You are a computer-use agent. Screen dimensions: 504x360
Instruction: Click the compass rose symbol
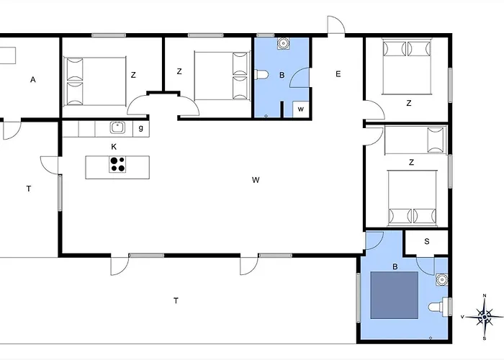click(485, 318)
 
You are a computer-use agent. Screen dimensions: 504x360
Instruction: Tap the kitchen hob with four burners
click(117, 164)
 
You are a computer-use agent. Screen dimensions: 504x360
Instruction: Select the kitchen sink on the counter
click(118, 127)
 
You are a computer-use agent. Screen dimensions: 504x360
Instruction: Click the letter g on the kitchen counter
click(141, 128)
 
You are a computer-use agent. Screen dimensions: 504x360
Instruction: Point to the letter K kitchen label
click(114, 147)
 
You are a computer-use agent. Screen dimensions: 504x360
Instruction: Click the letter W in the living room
click(256, 180)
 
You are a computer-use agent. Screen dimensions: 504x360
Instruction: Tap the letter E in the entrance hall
click(338, 74)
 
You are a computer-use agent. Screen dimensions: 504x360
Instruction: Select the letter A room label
click(33, 80)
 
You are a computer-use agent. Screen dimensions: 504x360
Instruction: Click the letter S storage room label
click(427, 241)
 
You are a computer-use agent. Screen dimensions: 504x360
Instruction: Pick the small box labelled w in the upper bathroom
click(301, 109)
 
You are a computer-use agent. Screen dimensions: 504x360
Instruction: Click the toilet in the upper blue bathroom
click(261, 75)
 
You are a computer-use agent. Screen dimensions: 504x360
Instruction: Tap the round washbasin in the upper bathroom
click(283, 42)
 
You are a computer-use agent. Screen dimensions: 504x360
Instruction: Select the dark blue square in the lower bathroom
click(395, 295)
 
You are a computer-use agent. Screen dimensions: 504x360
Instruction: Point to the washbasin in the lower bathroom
click(442, 279)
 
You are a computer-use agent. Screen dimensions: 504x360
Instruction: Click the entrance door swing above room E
click(336, 24)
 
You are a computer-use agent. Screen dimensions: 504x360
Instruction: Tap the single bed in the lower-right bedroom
click(415, 140)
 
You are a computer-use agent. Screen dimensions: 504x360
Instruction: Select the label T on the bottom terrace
click(176, 301)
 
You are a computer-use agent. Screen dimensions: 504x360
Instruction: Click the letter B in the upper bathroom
click(282, 75)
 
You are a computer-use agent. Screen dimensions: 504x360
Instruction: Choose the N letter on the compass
click(485, 296)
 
